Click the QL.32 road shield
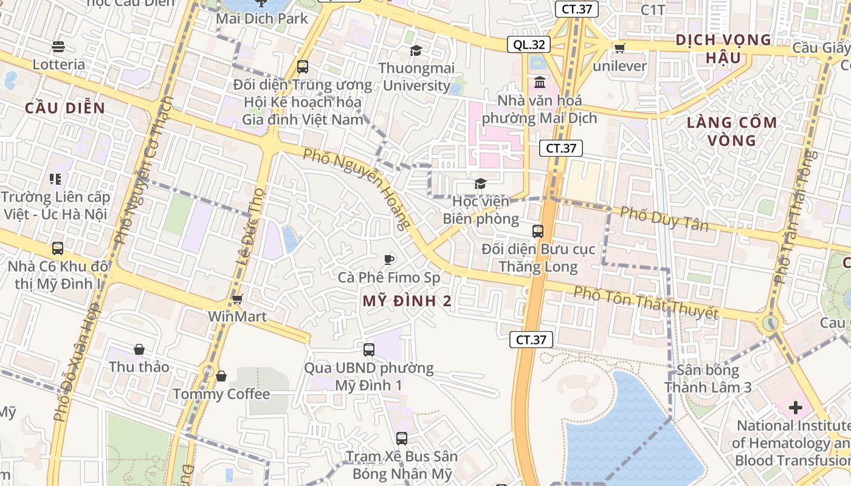click(529, 44)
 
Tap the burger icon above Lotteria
click(58, 47)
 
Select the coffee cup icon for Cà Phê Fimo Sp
click(389, 260)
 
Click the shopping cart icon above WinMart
click(238, 299)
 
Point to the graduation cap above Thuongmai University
click(416, 50)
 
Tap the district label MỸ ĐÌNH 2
click(407, 301)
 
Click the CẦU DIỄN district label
click(65, 109)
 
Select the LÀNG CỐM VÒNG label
click(732, 131)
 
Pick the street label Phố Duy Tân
click(664, 219)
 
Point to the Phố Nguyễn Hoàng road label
click(357, 188)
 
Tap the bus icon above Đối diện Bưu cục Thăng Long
click(538, 231)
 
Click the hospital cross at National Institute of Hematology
click(795, 408)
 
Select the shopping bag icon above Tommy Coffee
click(221, 377)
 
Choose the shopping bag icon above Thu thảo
click(139, 349)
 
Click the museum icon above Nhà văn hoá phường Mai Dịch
click(539, 82)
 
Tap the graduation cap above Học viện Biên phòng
click(480, 183)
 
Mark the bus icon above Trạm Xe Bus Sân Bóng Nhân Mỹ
click(401, 438)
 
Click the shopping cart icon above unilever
click(619, 48)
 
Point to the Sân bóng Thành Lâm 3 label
click(708, 378)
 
